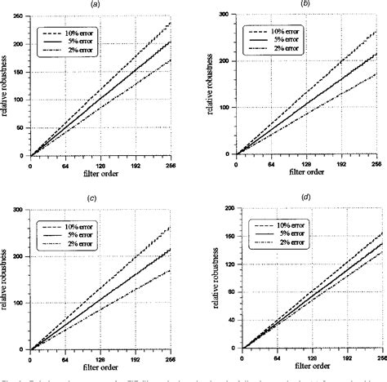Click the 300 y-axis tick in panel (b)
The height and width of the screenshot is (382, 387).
point(225,16)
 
